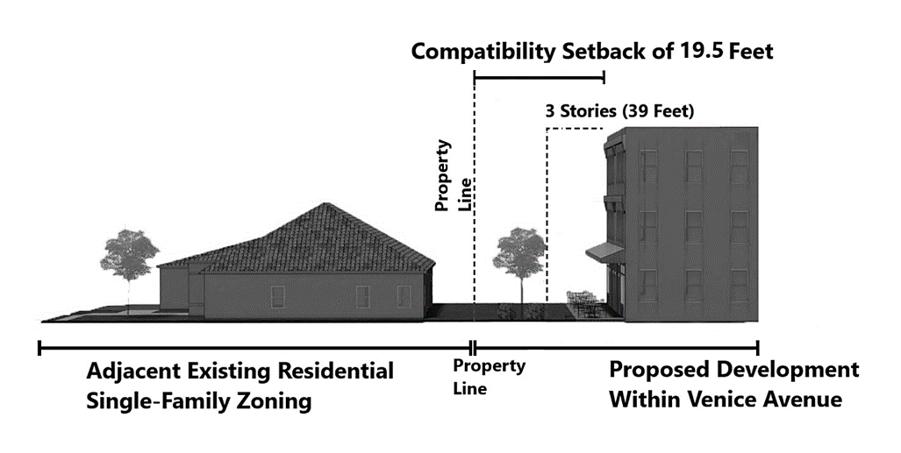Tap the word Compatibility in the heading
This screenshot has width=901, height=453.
(483, 52)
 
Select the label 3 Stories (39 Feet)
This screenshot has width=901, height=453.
(620, 112)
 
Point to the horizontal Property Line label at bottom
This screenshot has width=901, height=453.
(489, 376)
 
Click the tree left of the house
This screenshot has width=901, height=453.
(129, 256)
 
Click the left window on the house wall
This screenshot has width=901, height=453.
(278, 297)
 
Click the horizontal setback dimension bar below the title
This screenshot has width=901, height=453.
(539, 78)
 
